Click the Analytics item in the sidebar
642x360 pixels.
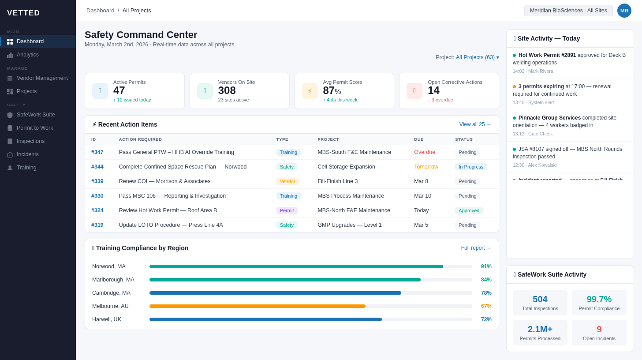pyautogui.click(x=28, y=55)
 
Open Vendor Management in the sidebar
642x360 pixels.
pyautogui.click(x=42, y=78)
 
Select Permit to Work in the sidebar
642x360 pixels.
pyautogui.click(x=35, y=128)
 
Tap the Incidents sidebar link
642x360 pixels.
pyautogui.click(x=28, y=154)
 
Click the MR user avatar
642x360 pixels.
pyautogui.click(x=624, y=11)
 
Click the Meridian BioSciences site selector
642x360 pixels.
pyautogui.click(x=568, y=11)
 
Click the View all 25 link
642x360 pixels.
pyautogui.click(x=475, y=124)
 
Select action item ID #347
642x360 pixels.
pyautogui.click(x=97, y=152)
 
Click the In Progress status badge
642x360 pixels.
pyautogui.click(x=471, y=167)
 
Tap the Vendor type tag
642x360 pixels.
pyautogui.click(x=287, y=181)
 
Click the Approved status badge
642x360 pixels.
pyautogui.click(x=469, y=210)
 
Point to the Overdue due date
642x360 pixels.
pyautogui.click(x=424, y=152)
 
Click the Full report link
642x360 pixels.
pyautogui.click(x=476, y=248)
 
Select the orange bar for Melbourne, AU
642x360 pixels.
pyautogui.click(x=257, y=306)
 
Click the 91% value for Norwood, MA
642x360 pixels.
pyautogui.click(x=486, y=266)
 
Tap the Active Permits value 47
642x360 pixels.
pyautogui.click(x=119, y=90)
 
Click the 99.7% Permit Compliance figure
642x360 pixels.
pyautogui.click(x=599, y=299)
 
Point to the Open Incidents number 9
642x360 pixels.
pyautogui.click(x=599, y=329)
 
